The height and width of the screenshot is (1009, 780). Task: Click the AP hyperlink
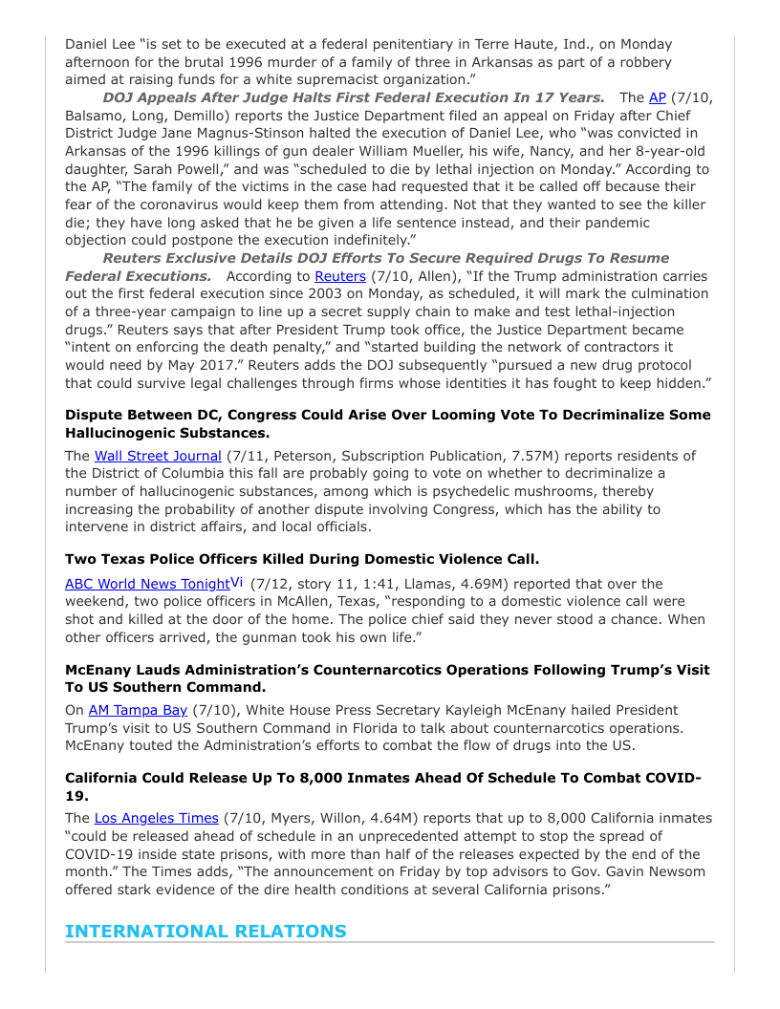[x=657, y=97]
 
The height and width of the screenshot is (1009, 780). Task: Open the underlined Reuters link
[x=340, y=276]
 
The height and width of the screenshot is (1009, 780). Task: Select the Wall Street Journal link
[x=158, y=456]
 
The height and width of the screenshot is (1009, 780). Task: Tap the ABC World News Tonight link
[x=147, y=584]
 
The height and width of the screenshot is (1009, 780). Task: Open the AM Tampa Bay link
[x=138, y=710]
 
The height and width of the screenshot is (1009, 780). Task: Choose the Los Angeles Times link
[x=157, y=818]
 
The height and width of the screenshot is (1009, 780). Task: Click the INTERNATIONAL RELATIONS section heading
[x=206, y=931]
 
